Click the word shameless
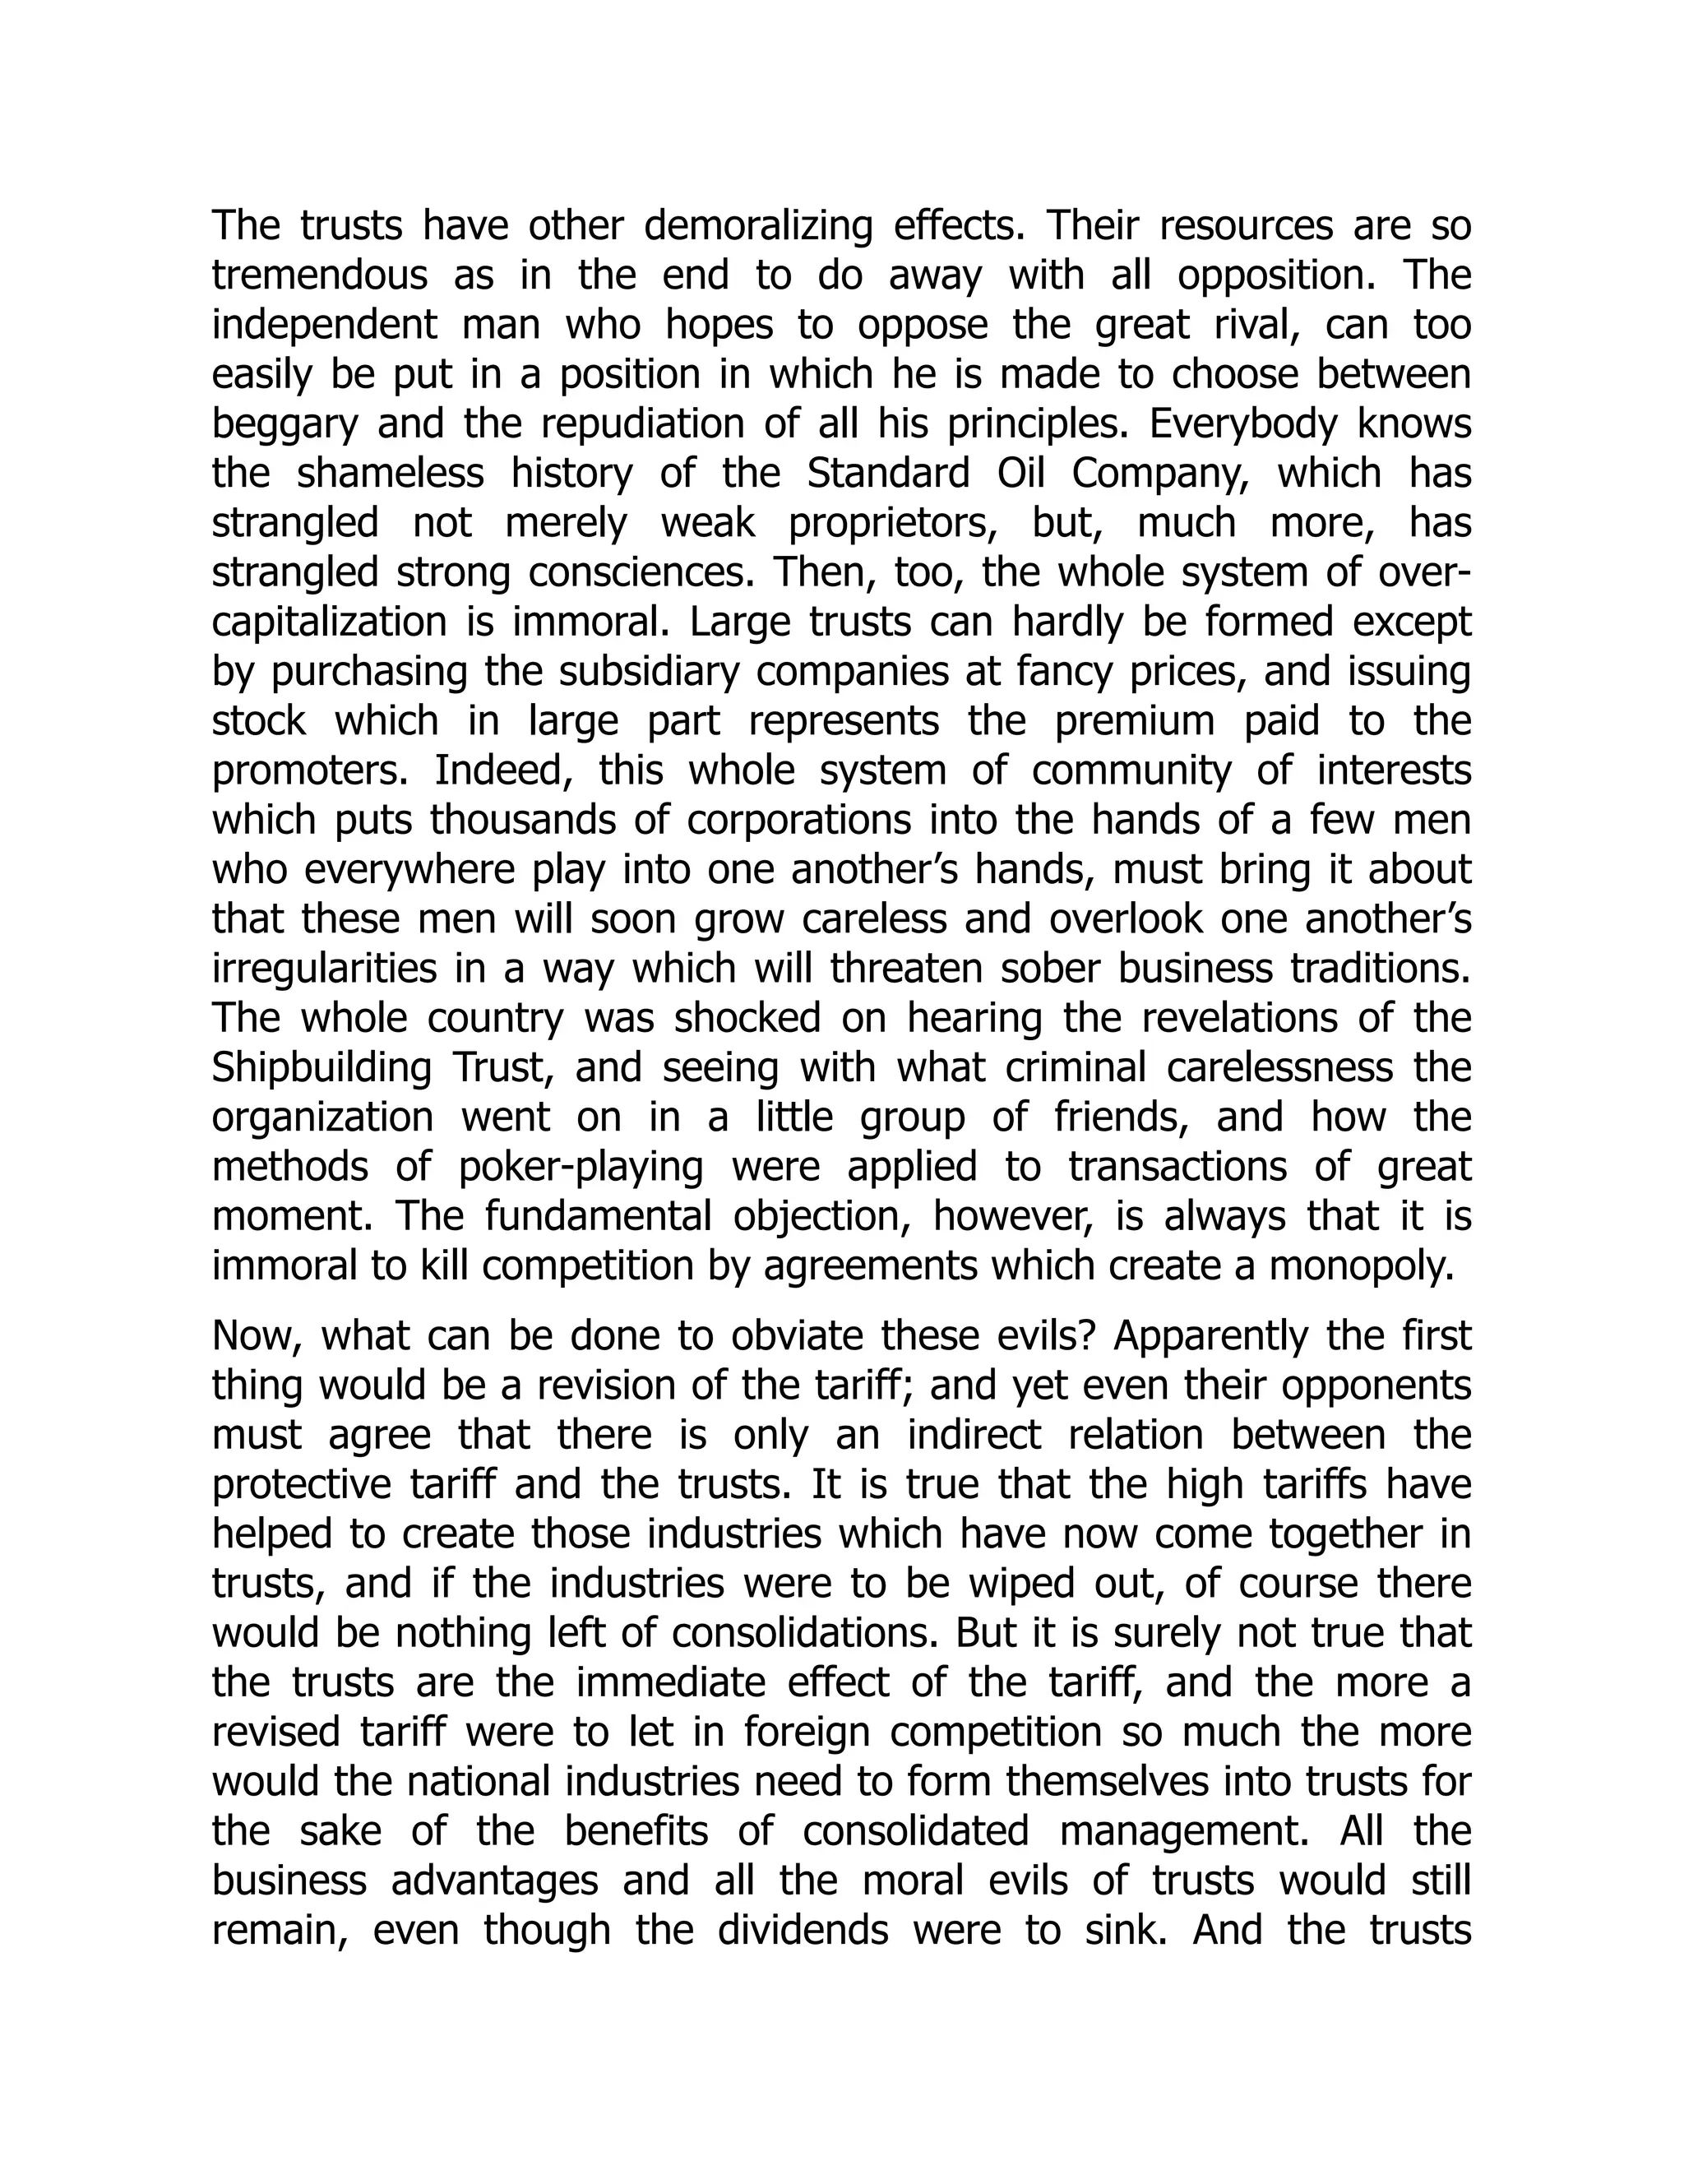tap(390, 474)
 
